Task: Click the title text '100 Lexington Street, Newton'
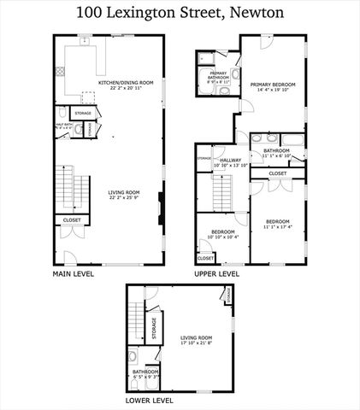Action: [180, 13]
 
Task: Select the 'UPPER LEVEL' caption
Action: [216, 274]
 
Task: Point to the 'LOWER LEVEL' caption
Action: [150, 400]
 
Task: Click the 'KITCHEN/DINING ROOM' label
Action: [125, 83]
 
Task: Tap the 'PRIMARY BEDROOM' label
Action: [272, 85]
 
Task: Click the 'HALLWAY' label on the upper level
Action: [230, 160]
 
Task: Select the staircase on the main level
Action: [70, 185]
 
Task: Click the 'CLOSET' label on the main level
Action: [71, 221]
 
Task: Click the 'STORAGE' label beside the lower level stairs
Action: [154, 328]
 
